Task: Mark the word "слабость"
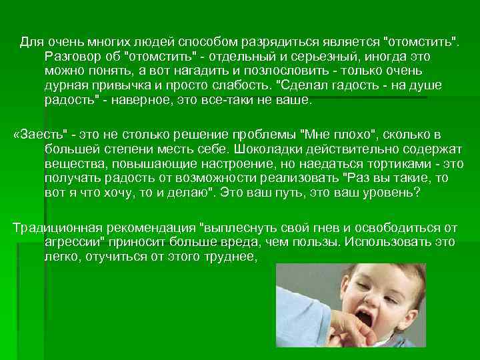click(x=239, y=85)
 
